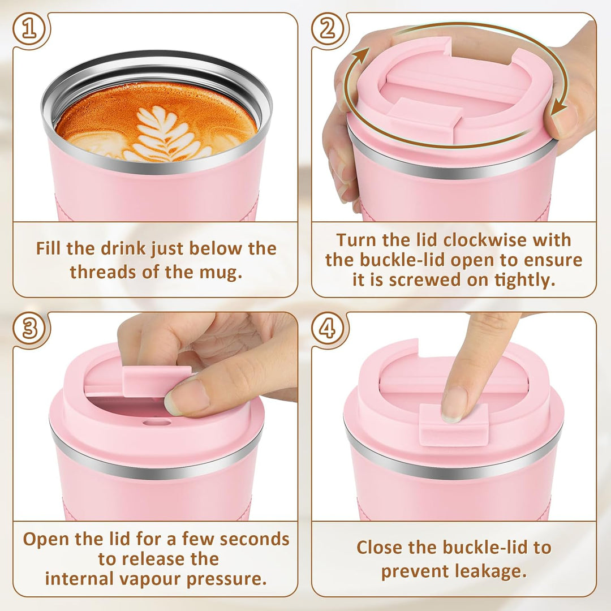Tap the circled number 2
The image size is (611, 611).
tap(328, 29)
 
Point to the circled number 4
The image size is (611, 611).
tap(328, 329)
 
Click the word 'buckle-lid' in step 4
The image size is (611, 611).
tap(487, 548)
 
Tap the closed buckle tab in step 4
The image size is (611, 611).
tap(454, 425)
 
